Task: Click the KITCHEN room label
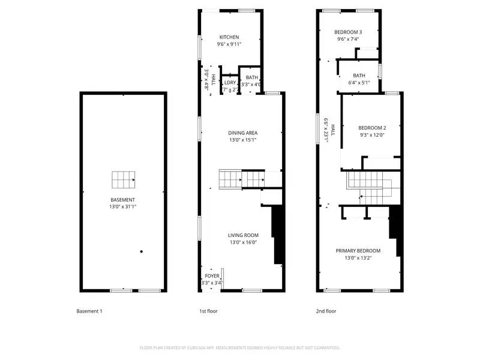(x=229, y=37)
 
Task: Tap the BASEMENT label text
(x=122, y=200)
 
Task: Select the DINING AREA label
(x=243, y=133)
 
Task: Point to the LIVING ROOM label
(x=243, y=235)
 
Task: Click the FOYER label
(x=212, y=276)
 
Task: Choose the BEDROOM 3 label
(x=348, y=32)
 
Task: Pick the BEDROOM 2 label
(x=372, y=127)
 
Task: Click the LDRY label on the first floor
(x=230, y=83)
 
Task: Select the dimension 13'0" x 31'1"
(x=122, y=207)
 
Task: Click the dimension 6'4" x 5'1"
(x=359, y=83)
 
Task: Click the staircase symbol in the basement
(x=123, y=179)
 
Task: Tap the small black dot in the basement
(x=142, y=251)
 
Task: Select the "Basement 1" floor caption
(x=89, y=311)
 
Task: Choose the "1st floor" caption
(x=208, y=311)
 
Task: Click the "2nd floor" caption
(x=326, y=311)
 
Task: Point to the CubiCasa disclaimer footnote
(x=240, y=347)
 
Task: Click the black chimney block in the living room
(x=278, y=234)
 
